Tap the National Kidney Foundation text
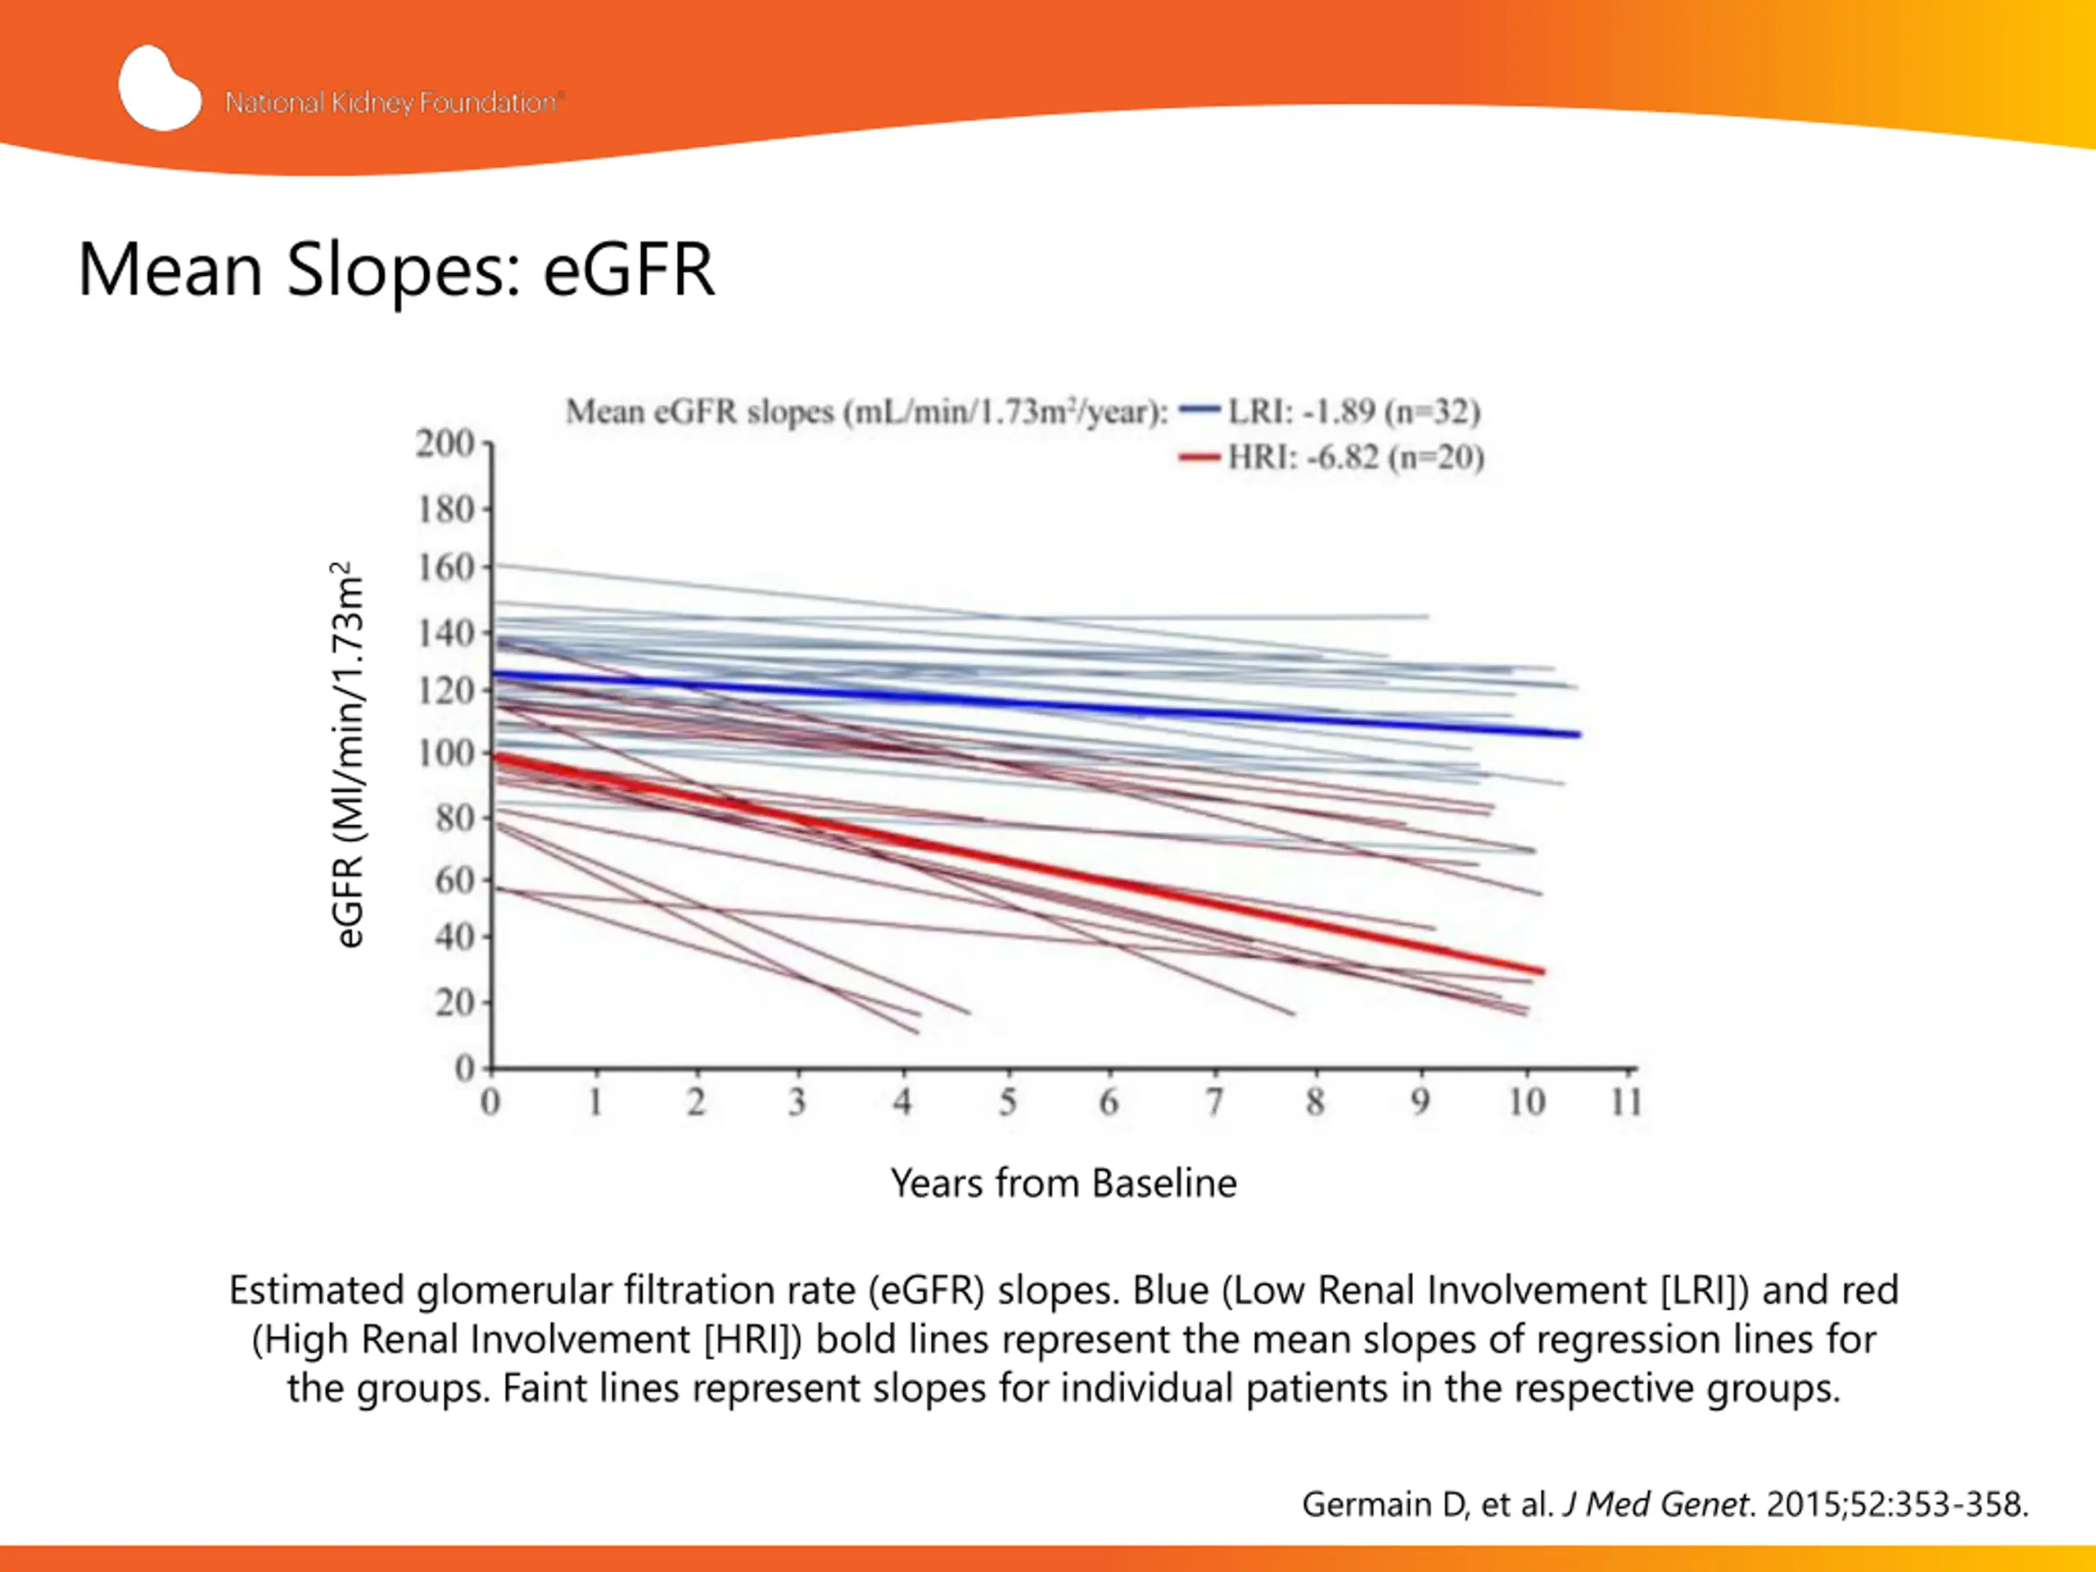(394, 102)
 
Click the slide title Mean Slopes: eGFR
(396, 270)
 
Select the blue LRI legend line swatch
(1199, 410)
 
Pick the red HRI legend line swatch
(1199, 458)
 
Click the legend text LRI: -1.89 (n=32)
(1354, 411)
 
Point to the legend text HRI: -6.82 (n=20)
(1356, 458)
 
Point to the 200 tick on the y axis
(445, 444)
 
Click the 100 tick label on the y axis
(445, 753)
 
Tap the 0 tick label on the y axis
(464, 1068)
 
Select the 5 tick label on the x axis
(1007, 1102)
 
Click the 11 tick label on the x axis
(1626, 1102)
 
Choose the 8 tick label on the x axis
(1315, 1102)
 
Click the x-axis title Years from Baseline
(1064, 1182)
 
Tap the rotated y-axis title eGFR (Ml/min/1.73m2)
(348, 754)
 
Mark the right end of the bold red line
(1542, 970)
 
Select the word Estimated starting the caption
(318, 1290)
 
